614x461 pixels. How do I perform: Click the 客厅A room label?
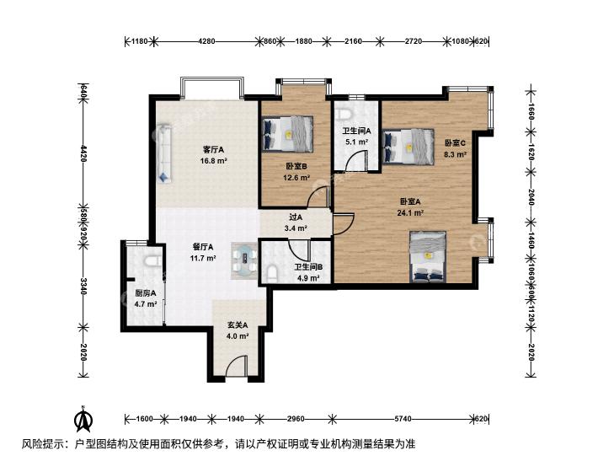213,150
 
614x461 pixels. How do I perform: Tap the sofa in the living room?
164,153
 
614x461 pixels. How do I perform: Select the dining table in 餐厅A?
245,260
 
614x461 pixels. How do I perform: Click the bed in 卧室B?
288,133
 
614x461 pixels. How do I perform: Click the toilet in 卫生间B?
272,273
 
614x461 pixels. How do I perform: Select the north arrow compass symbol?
83,418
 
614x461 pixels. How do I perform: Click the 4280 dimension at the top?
206,40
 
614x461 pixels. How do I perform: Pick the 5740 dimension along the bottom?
403,419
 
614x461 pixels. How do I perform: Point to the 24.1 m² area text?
410,213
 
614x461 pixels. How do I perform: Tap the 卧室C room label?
455,143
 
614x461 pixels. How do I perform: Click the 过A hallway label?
296,217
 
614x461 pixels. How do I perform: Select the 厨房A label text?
146,293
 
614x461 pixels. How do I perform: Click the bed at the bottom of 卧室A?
428,257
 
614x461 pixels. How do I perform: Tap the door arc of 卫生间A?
355,161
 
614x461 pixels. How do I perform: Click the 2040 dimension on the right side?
531,197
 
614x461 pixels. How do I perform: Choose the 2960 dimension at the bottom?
296,419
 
